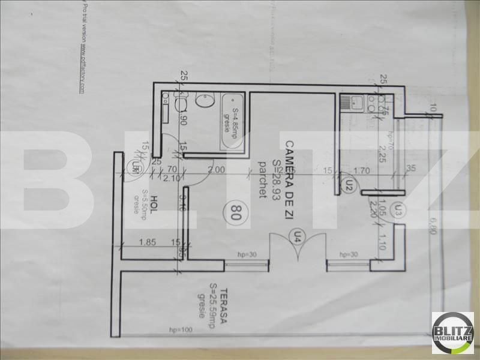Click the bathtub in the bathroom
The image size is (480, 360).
230,122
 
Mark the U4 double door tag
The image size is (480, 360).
296,238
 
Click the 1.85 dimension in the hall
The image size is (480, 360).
145,242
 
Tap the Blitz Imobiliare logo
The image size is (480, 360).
452,332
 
